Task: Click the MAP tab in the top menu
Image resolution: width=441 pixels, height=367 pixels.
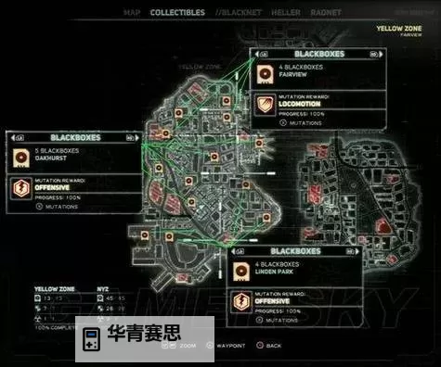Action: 133,13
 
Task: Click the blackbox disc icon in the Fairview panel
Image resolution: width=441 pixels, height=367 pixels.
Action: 265,70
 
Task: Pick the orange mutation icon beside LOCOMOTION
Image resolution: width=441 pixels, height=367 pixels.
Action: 265,105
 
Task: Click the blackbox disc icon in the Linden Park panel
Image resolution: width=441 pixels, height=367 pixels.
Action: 241,269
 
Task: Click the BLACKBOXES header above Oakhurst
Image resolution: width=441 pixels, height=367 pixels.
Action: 66,136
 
